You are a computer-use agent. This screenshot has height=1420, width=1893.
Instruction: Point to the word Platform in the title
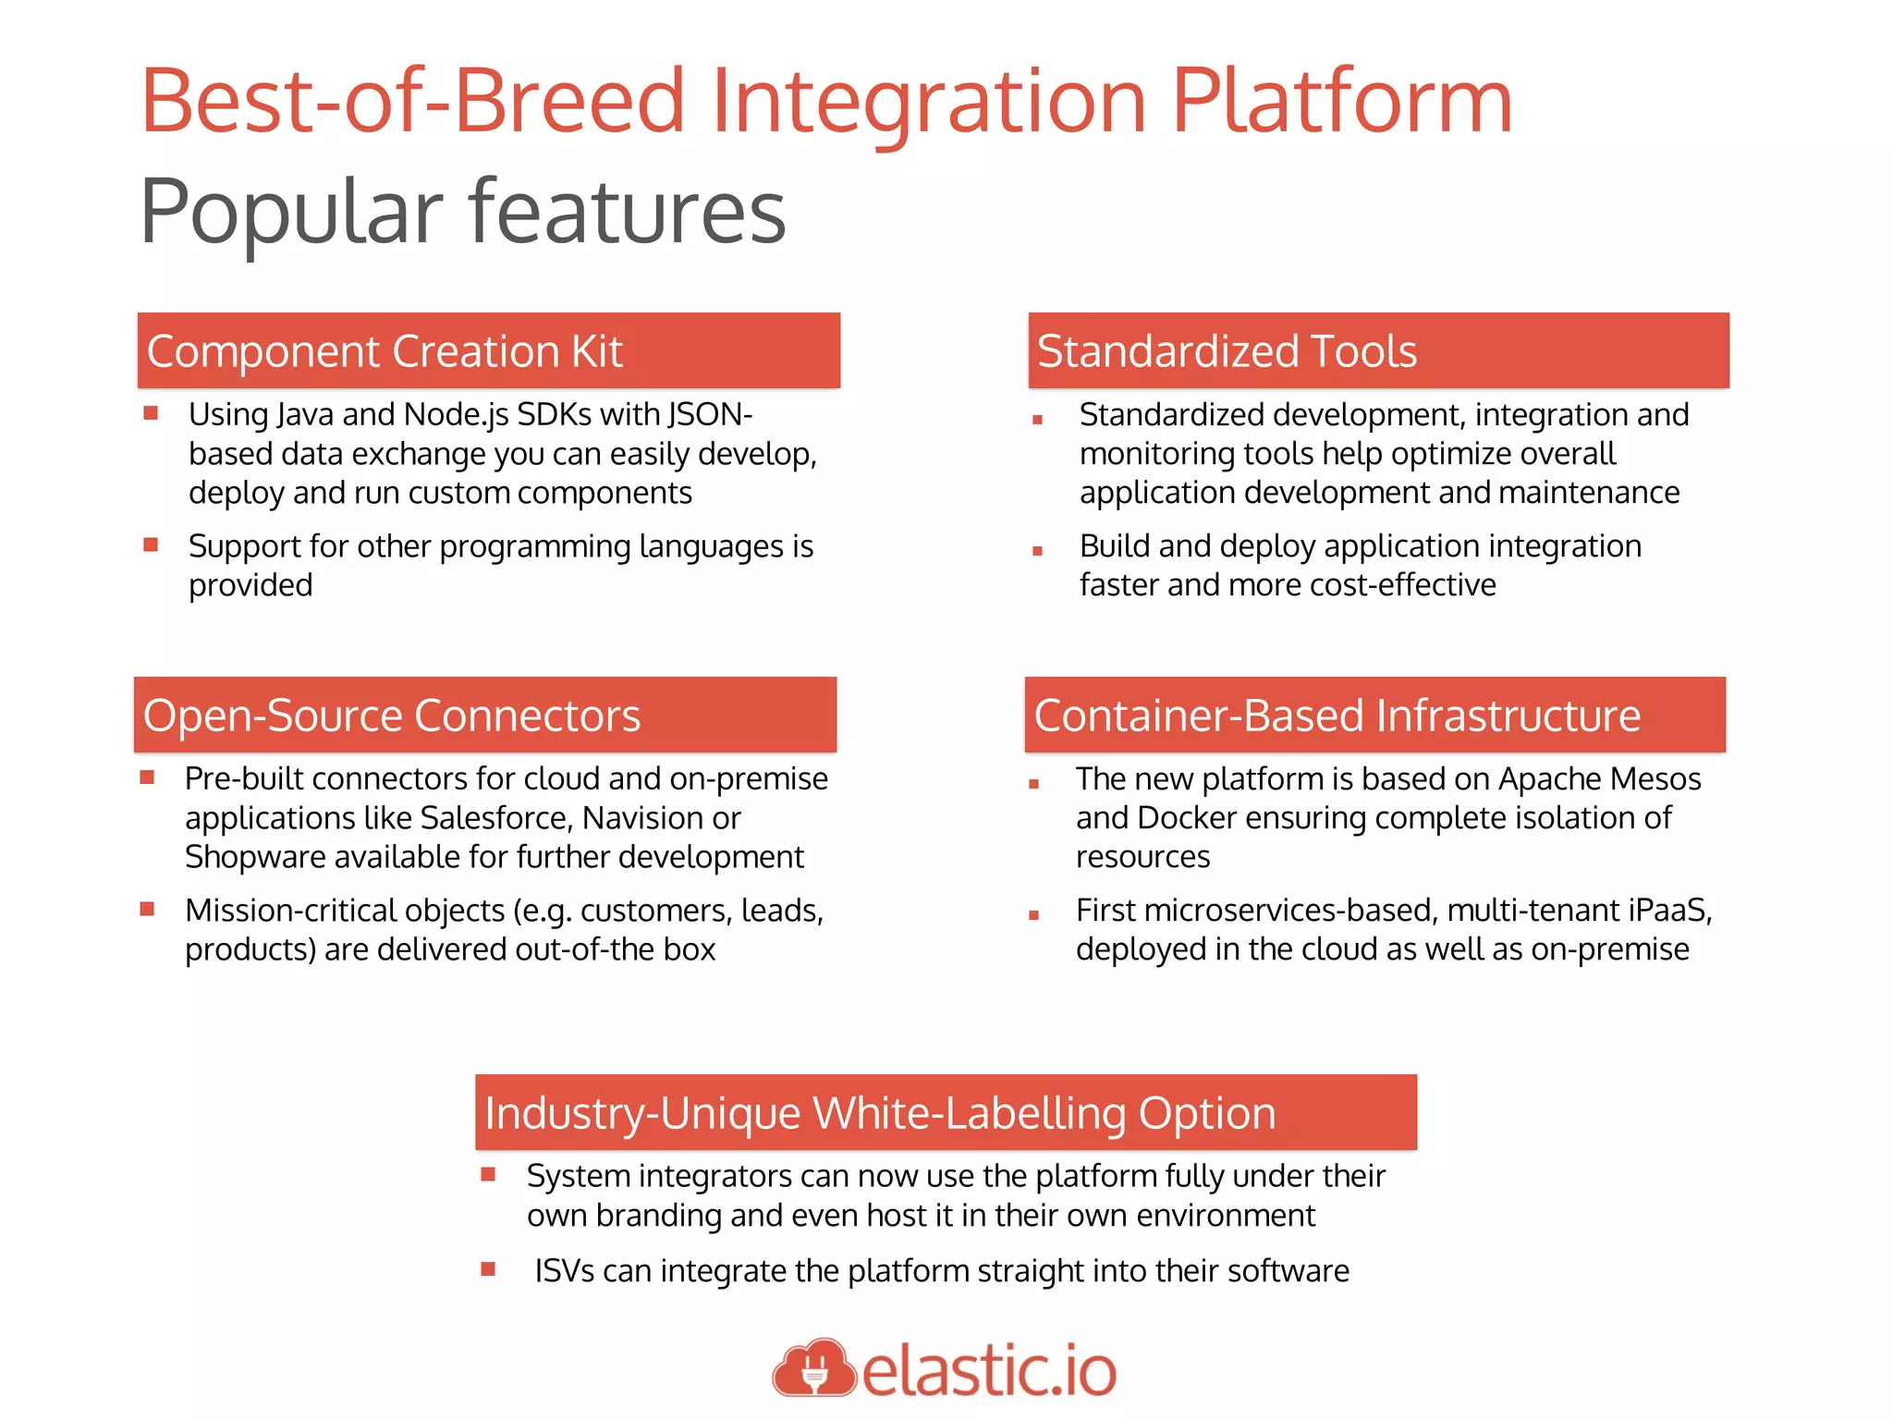[1341, 102]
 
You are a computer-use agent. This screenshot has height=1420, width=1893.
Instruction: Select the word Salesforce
[494, 818]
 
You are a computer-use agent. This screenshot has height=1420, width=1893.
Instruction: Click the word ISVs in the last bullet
[564, 1271]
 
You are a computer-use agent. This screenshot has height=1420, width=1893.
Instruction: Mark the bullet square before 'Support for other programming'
[152, 545]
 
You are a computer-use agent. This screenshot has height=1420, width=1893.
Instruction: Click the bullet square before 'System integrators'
[489, 1175]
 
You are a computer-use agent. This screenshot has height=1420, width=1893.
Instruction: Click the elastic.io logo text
[989, 1371]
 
